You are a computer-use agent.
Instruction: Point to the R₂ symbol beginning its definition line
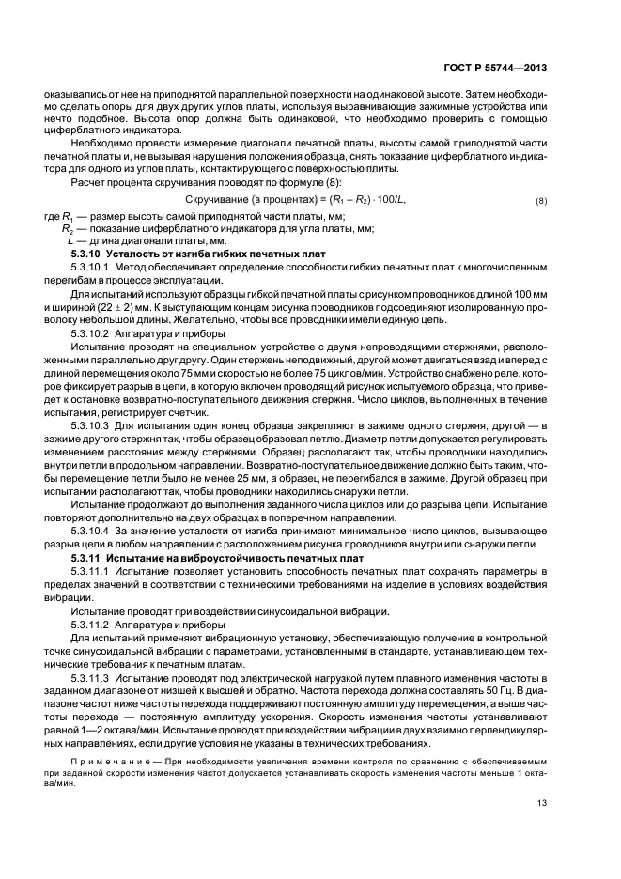[x=68, y=228]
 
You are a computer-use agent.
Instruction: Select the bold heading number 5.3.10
[x=86, y=254]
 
